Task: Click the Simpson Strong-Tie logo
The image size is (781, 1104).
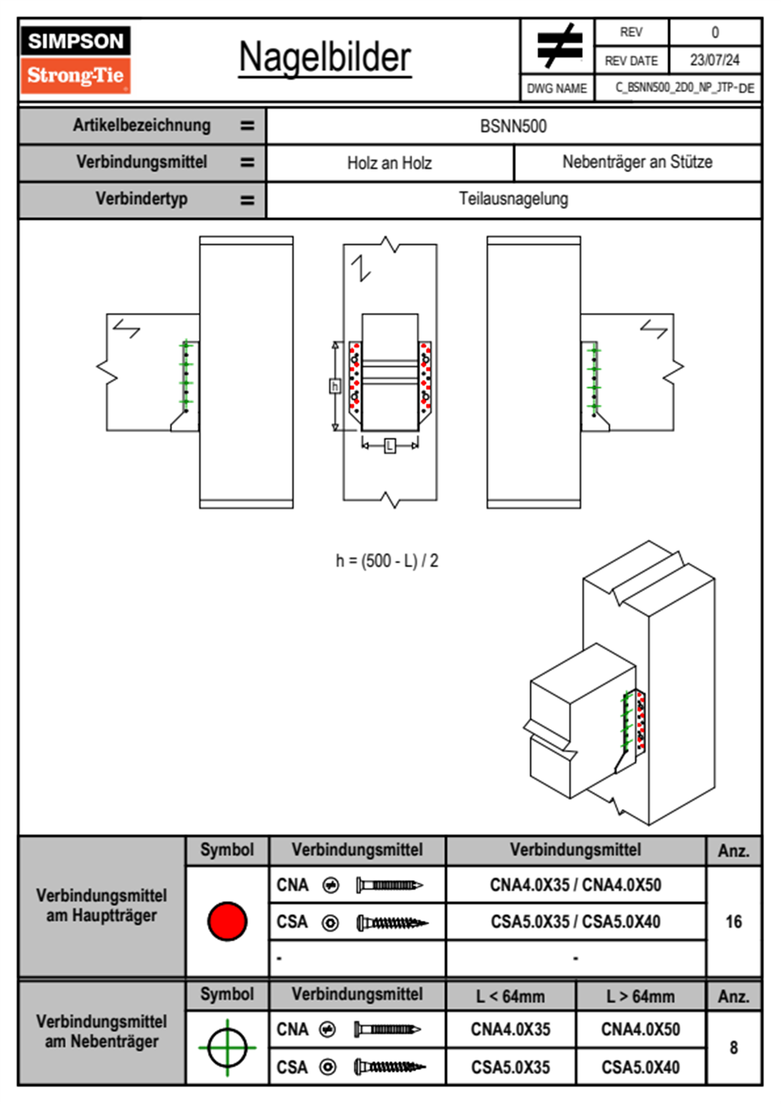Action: tap(75, 59)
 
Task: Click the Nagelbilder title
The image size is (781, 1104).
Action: tap(325, 58)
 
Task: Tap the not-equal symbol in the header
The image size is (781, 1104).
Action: tap(559, 46)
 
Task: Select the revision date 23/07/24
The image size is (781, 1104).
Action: tap(714, 60)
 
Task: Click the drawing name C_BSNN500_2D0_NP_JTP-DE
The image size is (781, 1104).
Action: tap(684, 88)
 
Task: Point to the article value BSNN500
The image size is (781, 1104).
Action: tap(513, 126)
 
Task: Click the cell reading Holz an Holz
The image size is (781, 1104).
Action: tap(389, 163)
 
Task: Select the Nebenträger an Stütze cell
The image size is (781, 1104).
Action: tap(637, 162)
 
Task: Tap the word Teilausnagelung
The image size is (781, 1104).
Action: tap(513, 199)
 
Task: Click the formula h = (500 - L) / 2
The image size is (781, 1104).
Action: tap(387, 561)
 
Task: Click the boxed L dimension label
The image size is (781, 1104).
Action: tap(390, 446)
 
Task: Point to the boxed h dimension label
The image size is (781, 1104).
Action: tap(335, 386)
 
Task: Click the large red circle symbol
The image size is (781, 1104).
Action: tap(227, 921)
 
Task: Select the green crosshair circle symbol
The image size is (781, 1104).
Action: tap(227, 1048)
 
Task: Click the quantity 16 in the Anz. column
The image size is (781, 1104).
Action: tap(733, 922)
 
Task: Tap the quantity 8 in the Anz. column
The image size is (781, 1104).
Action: tap(733, 1048)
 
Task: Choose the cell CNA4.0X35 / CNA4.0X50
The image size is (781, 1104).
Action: tap(576, 885)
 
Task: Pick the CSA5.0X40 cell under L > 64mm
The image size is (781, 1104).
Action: tap(641, 1067)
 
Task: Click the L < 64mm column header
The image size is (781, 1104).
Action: tap(511, 996)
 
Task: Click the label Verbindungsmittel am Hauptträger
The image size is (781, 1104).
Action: tap(102, 905)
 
